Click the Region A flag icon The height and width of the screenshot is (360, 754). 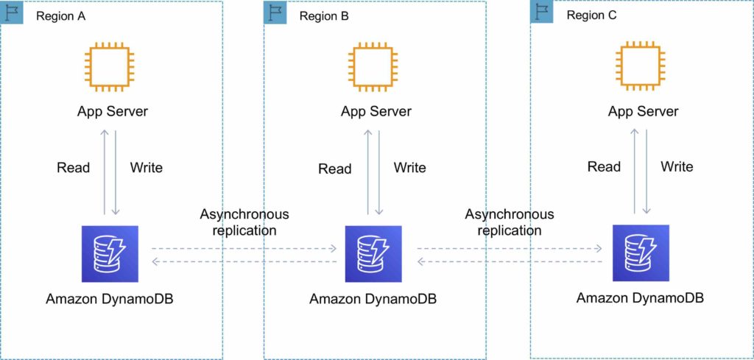coord(11,12)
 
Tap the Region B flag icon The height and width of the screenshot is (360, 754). coord(275,12)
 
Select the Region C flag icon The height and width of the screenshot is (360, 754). coord(541,12)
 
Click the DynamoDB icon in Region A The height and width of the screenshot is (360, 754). coord(110,254)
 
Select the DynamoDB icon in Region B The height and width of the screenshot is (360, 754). coord(373,254)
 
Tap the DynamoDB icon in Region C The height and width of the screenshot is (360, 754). coord(641,253)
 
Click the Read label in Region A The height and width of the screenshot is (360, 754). coord(73,168)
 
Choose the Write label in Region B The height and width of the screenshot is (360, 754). coord(409,168)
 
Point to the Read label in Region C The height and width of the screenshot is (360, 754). coord(604,166)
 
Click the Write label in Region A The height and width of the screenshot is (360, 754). coord(146,168)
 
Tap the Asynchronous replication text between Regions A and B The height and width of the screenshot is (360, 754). coord(244,222)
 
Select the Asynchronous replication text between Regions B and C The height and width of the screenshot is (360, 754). coord(510,222)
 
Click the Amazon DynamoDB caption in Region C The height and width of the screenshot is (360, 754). coord(640,298)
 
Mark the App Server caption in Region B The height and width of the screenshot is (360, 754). coord(376,112)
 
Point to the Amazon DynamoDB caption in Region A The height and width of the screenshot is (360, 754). coord(109,299)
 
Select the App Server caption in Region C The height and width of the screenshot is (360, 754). coord(643,112)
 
